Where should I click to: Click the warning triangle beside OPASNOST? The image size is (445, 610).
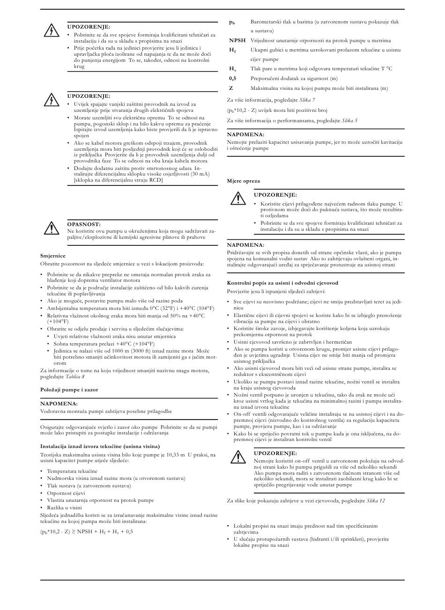[x=50, y=228]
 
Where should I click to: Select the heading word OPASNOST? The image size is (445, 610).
[x=84, y=224]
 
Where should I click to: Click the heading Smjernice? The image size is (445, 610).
[x=53, y=256]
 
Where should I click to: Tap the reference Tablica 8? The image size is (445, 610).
[x=75, y=376]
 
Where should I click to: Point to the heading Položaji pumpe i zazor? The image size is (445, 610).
[x=69, y=390]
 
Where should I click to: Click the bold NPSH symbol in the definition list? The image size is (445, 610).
[x=237, y=41]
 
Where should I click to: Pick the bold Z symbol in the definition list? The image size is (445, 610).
[x=231, y=88]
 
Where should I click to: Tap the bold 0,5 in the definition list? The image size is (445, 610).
[x=232, y=79]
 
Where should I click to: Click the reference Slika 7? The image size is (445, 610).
[x=307, y=100]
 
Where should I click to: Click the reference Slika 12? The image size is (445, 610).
[x=376, y=500]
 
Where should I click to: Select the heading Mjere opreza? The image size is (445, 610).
[x=243, y=181]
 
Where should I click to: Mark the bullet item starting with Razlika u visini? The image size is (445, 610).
[x=64, y=507]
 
